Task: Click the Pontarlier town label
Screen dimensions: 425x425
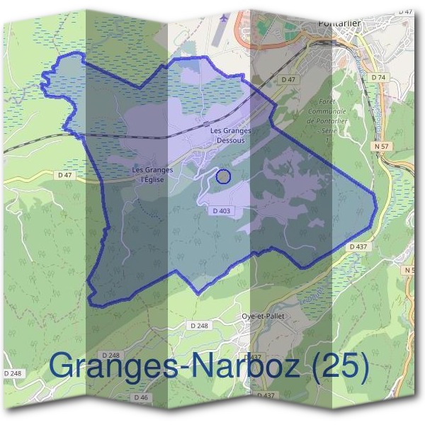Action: (339, 23)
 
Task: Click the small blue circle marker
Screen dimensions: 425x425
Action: (222, 176)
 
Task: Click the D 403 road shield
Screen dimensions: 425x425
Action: (222, 210)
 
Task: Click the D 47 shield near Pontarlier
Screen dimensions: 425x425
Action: (288, 80)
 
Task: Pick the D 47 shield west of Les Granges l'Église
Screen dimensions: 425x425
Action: (66, 174)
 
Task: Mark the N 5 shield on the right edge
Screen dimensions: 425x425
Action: (409, 271)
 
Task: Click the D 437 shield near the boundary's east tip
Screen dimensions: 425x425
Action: (358, 246)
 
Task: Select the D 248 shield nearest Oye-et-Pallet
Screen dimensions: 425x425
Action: (198, 324)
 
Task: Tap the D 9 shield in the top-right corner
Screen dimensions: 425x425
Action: (406, 12)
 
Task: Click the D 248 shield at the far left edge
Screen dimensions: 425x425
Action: (13, 373)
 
